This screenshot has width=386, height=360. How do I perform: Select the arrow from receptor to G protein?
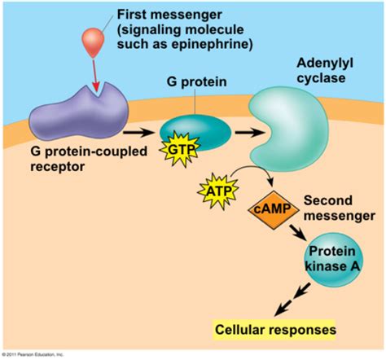pyautogui.click(x=138, y=129)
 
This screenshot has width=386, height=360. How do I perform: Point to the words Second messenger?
pyautogui.click(x=335, y=209)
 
